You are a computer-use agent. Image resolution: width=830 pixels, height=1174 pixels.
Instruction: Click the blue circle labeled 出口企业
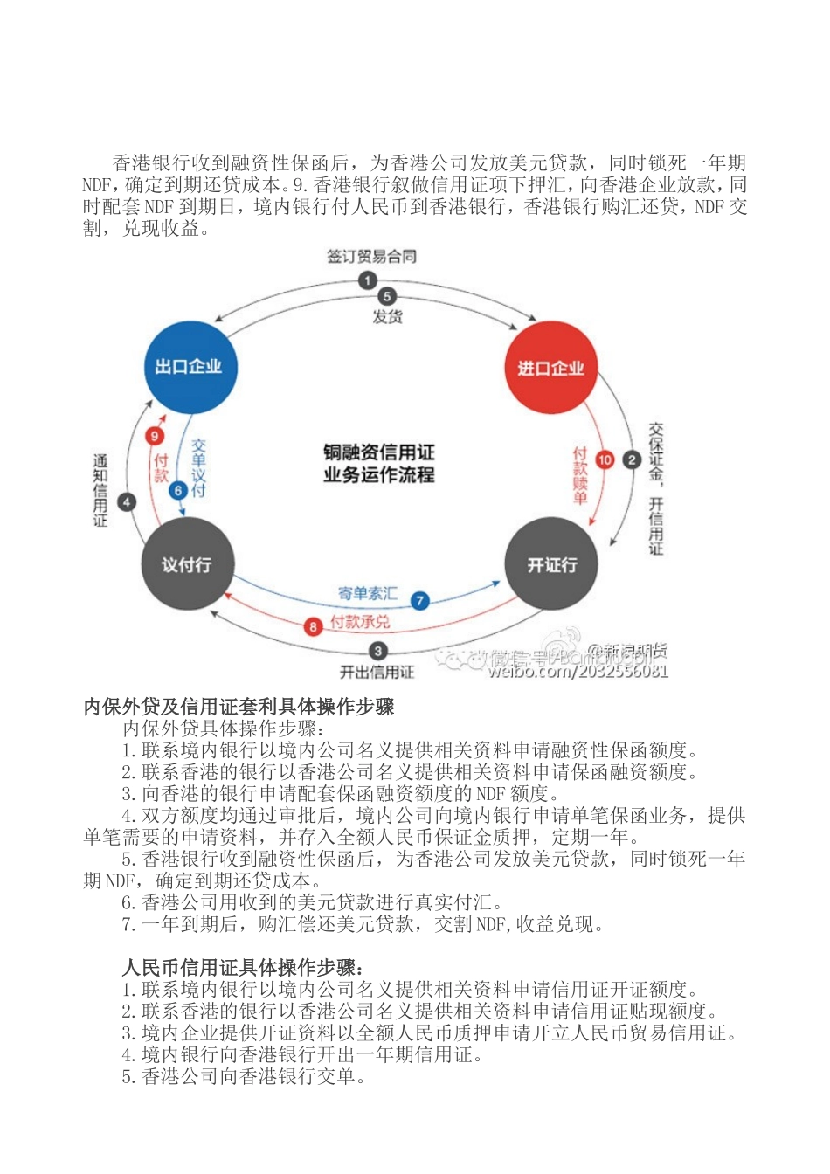click(189, 367)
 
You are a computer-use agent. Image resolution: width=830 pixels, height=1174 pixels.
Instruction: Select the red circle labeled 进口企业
click(551, 368)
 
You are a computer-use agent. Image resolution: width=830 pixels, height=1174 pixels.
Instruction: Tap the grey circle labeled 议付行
click(186, 564)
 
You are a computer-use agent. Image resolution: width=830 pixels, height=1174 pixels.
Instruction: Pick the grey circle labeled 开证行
click(552, 564)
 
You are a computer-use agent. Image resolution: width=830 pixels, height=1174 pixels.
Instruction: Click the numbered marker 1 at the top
click(368, 280)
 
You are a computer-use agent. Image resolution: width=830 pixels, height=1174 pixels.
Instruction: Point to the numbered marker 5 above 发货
click(387, 297)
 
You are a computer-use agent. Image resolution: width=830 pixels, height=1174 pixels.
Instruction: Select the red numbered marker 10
click(605, 459)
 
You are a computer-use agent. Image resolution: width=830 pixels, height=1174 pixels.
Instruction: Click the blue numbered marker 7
click(420, 600)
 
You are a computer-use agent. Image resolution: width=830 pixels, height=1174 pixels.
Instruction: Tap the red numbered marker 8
click(314, 626)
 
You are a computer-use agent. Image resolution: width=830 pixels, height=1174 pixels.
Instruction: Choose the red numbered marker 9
click(155, 436)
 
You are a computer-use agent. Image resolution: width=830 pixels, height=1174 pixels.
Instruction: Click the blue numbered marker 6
click(178, 490)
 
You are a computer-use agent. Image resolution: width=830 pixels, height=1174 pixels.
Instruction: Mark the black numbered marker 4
click(128, 502)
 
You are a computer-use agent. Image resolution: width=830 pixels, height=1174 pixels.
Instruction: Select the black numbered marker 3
click(377, 651)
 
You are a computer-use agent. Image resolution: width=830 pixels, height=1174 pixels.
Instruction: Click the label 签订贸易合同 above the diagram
click(371, 256)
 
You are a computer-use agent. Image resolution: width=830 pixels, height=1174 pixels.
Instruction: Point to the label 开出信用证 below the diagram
click(377, 672)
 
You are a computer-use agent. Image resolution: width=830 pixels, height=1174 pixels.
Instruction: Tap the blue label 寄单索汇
click(367, 594)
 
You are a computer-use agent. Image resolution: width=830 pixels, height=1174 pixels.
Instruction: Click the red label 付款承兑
click(360, 623)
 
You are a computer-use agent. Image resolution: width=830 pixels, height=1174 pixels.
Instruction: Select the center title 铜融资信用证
click(378, 452)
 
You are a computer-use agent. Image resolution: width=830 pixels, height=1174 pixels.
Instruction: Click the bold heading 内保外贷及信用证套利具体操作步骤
click(239, 707)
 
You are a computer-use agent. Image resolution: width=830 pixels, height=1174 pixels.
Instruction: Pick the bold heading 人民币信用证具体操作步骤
click(244, 968)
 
